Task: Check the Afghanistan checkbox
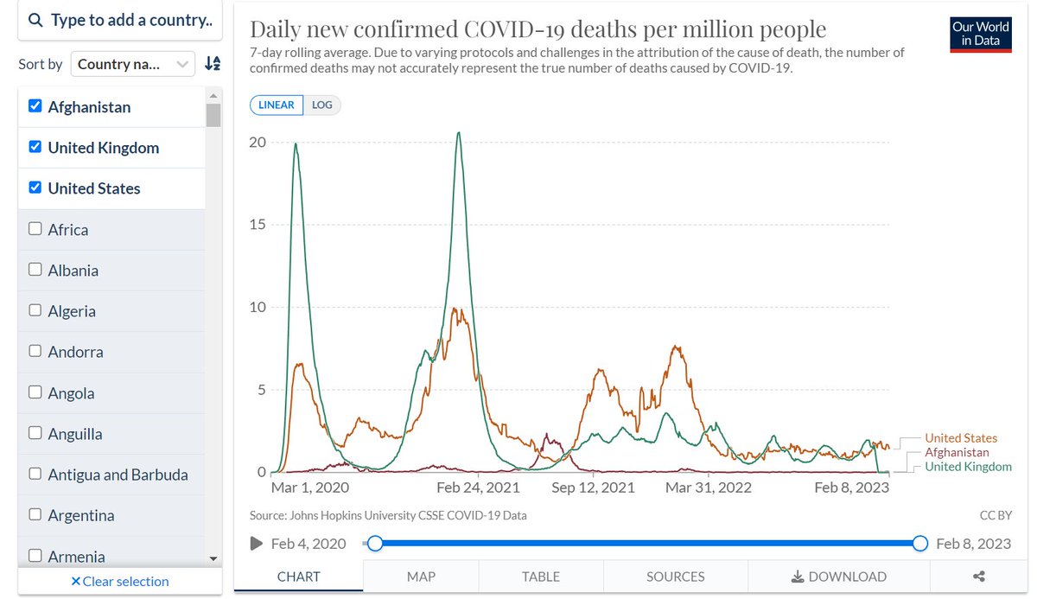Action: pyautogui.click(x=35, y=106)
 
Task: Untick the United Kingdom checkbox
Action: pyautogui.click(x=35, y=147)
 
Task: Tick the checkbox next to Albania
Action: pyautogui.click(x=35, y=270)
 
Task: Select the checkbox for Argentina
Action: pyautogui.click(x=35, y=515)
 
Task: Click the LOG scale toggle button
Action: pyautogui.click(x=321, y=105)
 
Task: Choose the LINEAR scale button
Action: pyautogui.click(x=277, y=105)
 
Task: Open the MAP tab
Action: pyautogui.click(x=421, y=577)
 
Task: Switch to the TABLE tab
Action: pyautogui.click(x=541, y=577)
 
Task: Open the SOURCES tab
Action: pyautogui.click(x=675, y=577)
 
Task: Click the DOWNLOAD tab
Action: pyautogui.click(x=838, y=577)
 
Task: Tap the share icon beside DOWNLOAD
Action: pyautogui.click(x=979, y=577)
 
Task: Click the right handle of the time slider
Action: pyautogui.click(x=920, y=544)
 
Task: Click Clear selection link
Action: pyautogui.click(x=120, y=581)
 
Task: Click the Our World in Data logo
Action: pyautogui.click(x=981, y=35)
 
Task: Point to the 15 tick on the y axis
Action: pyautogui.click(x=258, y=225)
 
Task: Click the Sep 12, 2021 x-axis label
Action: pyautogui.click(x=593, y=487)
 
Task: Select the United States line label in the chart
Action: pyautogui.click(x=960, y=438)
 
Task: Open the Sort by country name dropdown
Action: pyautogui.click(x=133, y=63)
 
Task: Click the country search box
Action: pyautogui.click(x=120, y=21)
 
